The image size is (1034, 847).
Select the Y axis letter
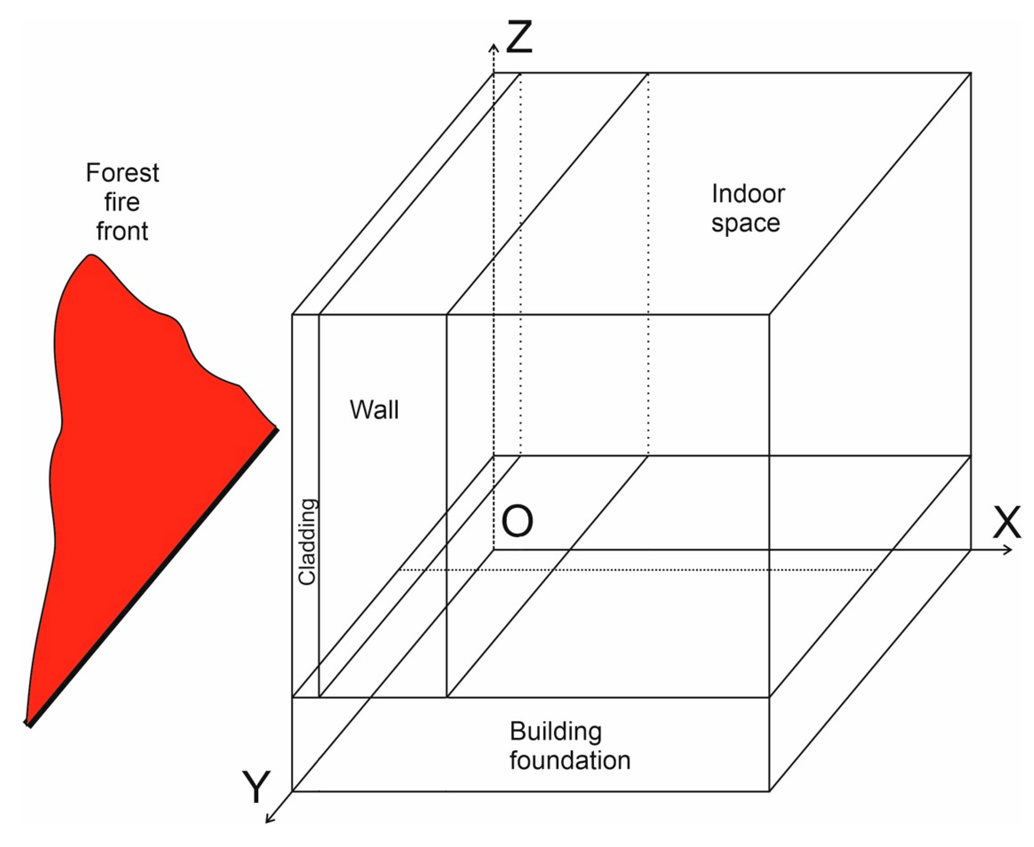pyautogui.click(x=256, y=787)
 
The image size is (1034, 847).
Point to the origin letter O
pyautogui.click(x=517, y=521)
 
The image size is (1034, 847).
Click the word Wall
pyautogui.click(x=374, y=410)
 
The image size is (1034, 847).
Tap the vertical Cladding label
pyautogui.click(x=307, y=542)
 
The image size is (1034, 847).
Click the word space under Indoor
pyautogui.click(x=745, y=223)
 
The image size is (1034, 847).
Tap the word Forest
pyautogui.click(x=122, y=173)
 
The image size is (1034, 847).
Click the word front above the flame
pyautogui.click(x=122, y=231)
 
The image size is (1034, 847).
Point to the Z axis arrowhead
pyautogui.click(x=494, y=47)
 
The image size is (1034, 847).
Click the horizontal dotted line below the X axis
pyautogui.click(x=635, y=569)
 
